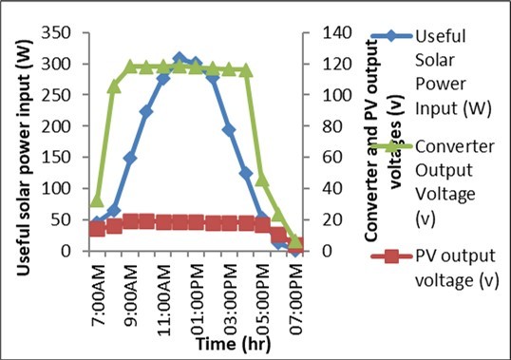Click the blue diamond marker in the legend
pyautogui.click(x=382, y=36)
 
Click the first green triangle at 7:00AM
pyautogui.click(x=97, y=200)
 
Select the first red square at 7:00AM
pyautogui.click(x=97, y=229)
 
